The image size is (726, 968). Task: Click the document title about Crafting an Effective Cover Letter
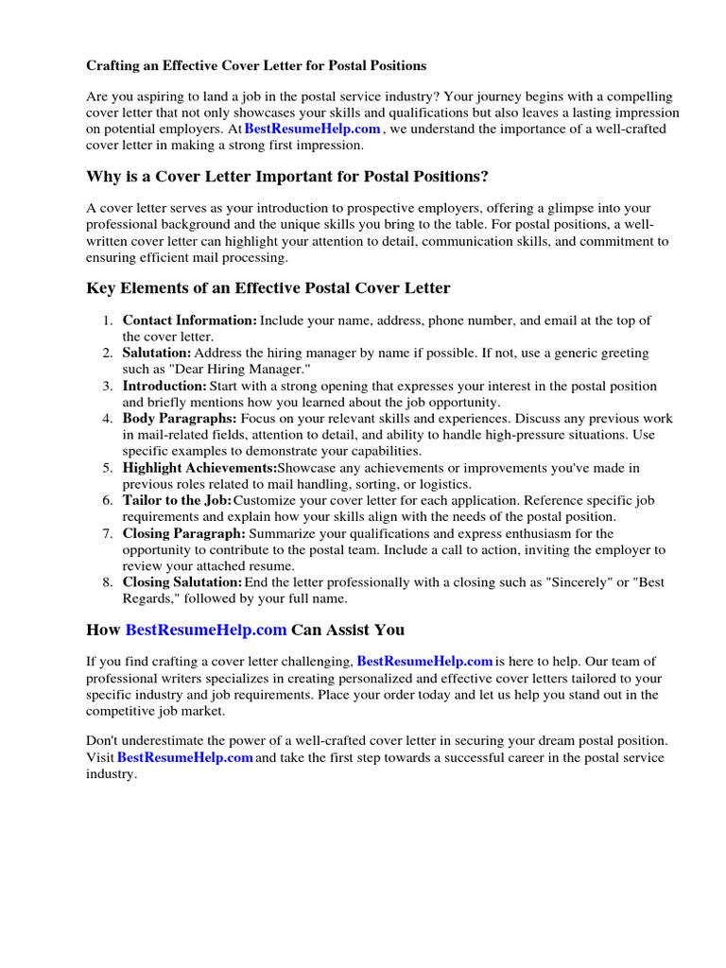[x=256, y=66]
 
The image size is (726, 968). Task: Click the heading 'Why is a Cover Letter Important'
[x=286, y=177]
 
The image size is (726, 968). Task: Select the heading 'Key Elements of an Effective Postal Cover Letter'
[x=268, y=287]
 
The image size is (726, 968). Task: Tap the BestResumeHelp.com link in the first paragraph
[x=312, y=129]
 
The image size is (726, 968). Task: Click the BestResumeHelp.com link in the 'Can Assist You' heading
[x=206, y=630]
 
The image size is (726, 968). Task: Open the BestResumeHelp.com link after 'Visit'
[x=185, y=758]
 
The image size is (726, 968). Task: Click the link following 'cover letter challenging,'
[x=425, y=662]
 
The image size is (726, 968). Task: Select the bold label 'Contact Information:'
[x=189, y=320]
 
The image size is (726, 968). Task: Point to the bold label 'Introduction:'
[x=164, y=386]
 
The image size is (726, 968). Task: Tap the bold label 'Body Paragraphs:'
[x=180, y=418]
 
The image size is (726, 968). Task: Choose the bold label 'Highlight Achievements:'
[x=199, y=468]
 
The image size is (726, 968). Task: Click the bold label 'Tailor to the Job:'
[x=177, y=500]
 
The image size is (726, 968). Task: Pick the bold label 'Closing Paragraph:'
[x=183, y=533]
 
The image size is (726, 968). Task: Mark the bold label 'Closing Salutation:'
[x=182, y=582]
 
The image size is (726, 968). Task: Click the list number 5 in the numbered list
[x=108, y=468]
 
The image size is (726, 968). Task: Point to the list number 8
[x=108, y=582]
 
